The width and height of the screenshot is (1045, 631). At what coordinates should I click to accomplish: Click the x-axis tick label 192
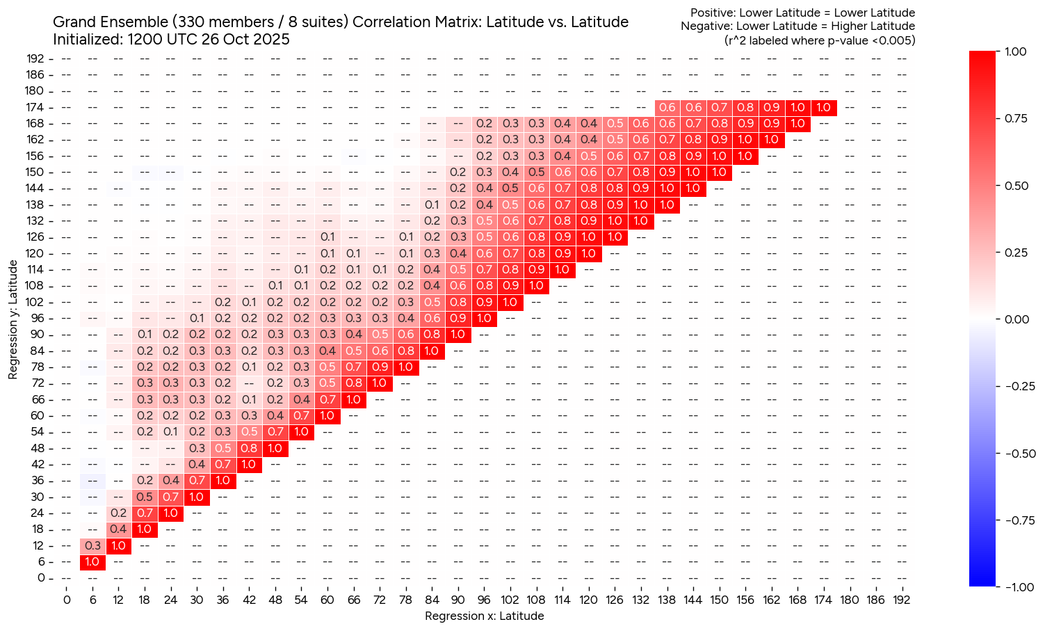pyautogui.click(x=901, y=600)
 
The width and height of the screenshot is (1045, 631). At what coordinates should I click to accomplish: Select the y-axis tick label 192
pyautogui.click(x=35, y=58)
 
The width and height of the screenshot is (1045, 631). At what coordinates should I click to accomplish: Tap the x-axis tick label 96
pyautogui.click(x=484, y=600)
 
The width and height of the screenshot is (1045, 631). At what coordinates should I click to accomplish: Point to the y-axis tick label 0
pyautogui.click(x=41, y=578)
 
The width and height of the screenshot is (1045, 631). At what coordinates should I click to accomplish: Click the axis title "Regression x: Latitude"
pyautogui.click(x=484, y=616)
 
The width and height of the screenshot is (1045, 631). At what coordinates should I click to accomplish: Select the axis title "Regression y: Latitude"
pyautogui.click(x=13, y=319)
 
